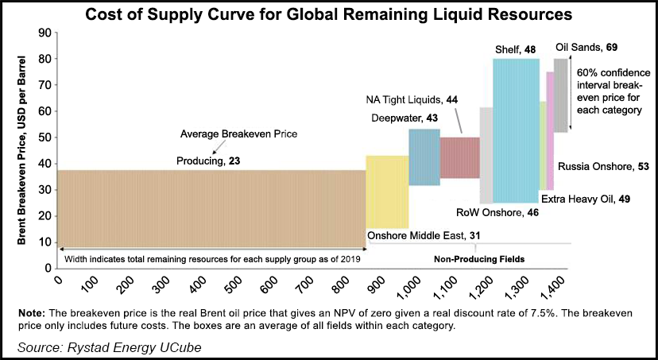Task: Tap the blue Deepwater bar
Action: (x=424, y=157)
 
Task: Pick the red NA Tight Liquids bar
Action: (x=459, y=157)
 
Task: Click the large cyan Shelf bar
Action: (x=515, y=130)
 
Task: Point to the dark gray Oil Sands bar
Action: (x=560, y=95)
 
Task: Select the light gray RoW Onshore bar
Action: (x=486, y=155)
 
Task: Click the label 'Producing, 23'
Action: (x=208, y=161)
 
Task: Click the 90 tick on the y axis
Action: (x=43, y=33)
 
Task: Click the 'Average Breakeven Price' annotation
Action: (x=238, y=134)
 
